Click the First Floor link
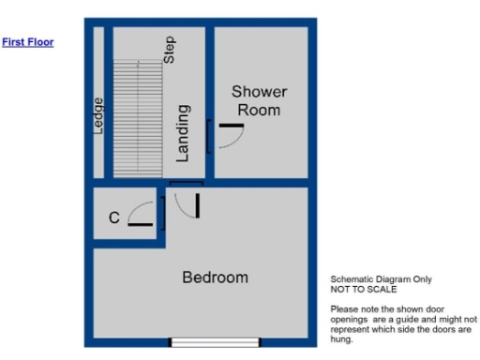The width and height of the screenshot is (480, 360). click(28, 42)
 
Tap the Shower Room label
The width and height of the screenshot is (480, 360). click(259, 100)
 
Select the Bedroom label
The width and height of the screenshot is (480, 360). click(215, 277)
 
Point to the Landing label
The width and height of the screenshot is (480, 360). click(183, 132)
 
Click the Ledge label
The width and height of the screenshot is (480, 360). click(98, 116)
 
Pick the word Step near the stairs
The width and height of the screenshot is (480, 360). click(170, 50)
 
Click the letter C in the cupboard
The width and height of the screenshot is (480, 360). click(113, 218)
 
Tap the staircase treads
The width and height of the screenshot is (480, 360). click(139, 118)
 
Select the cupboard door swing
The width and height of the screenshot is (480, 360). click(142, 215)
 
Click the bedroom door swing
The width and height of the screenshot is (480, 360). click(186, 203)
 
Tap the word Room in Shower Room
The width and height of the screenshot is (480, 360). click(259, 110)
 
